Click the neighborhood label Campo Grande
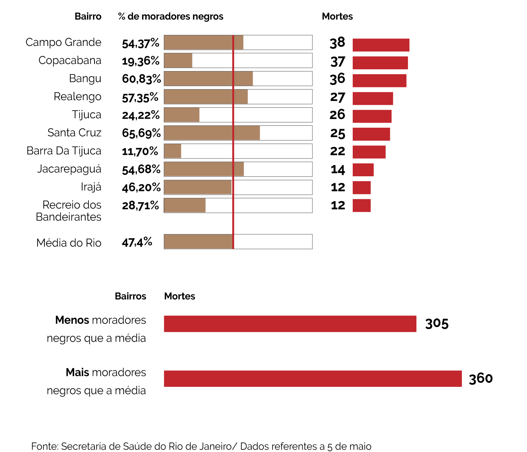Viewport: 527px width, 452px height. click(63, 42)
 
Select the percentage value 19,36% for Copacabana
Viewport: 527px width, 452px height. click(140, 61)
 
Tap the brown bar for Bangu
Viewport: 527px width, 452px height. click(208, 79)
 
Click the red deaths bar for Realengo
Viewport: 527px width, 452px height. click(373, 99)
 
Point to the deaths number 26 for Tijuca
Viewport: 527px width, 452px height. click(337, 115)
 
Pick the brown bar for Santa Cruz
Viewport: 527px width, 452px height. click(212, 133)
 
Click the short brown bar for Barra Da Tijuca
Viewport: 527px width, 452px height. click(172, 151)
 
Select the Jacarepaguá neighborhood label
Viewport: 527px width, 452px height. click(69, 169)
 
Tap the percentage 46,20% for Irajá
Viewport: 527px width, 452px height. click(141, 188)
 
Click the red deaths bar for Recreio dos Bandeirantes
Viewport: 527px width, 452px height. click(361, 206)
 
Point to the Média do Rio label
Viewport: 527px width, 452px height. click(69, 243)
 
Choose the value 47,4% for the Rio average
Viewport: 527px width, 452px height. click(137, 242)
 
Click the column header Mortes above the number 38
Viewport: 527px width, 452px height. click(337, 17)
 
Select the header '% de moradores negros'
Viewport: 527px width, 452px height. click(171, 17)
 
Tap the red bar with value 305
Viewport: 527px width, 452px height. click(290, 324)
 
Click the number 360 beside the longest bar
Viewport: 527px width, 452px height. click(481, 379)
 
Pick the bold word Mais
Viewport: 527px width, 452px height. click(78, 373)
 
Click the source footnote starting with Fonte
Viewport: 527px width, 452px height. click(201, 446)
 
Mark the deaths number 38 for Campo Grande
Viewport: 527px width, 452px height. click(337, 43)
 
